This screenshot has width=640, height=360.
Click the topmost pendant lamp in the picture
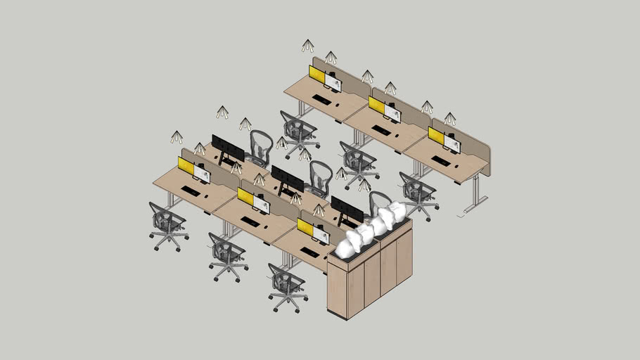[x=308, y=46]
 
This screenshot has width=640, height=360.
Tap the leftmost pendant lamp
[x=177, y=136]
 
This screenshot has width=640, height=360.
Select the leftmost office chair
[x=167, y=224]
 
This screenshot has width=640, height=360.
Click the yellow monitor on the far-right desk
[x=436, y=136]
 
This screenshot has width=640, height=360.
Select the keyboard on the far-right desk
[x=441, y=161]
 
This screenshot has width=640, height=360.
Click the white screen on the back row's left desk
[x=333, y=83]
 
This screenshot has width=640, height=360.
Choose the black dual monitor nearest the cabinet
[x=347, y=209]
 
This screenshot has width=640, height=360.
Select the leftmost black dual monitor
[x=228, y=148]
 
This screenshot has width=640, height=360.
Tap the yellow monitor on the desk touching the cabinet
[x=306, y=226]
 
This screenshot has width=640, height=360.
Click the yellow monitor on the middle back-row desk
[x=377, y=105]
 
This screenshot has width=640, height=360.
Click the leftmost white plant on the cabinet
[x=347, y=244]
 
